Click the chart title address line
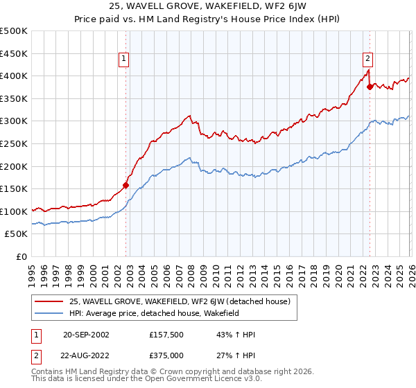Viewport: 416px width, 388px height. pos(208,8)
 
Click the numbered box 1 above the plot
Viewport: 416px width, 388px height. pos(123,60)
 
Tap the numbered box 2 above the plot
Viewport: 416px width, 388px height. pos(367,60)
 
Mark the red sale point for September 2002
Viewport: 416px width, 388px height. pos(125,185)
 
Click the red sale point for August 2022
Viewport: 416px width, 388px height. pos(370,87)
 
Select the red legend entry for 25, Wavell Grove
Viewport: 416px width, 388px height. pos(183,301)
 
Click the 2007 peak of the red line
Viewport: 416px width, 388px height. pos(189,116)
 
